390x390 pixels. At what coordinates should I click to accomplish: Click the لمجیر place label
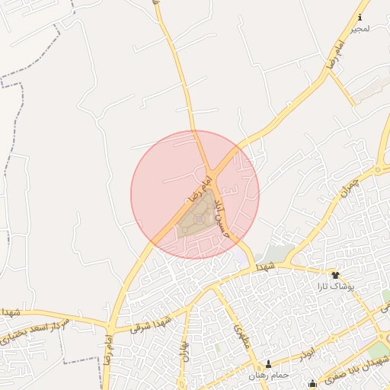click(360, 28)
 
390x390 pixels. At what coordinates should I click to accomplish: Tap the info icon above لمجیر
click(360, 17)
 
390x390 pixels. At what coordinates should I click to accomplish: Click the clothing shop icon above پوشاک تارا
click(335, 275)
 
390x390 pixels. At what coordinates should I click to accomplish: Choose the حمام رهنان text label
click(267, 376)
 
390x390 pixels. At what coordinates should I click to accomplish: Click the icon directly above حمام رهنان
click(267, 365)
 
